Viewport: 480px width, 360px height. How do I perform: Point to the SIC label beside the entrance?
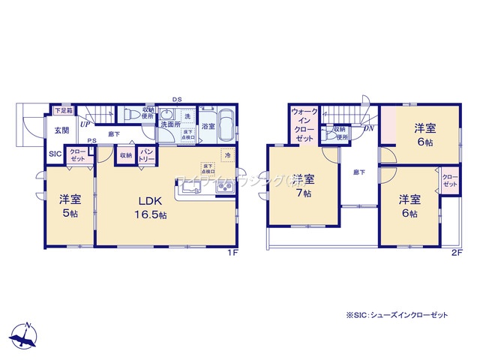pos(55,154)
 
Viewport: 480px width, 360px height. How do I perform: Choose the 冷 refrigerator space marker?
pos(226,154)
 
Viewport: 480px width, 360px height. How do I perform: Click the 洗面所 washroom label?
pos(169,124)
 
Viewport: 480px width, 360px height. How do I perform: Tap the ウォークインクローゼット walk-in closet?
pos(304,125)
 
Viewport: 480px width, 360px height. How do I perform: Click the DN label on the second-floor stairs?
pos(369,129)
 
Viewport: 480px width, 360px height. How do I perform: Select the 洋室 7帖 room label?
pos(303,184)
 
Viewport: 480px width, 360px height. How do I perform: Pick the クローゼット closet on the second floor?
pos(449,182)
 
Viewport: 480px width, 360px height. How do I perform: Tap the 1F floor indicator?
pos(233,253)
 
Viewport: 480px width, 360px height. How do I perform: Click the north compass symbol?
pos(27,334)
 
